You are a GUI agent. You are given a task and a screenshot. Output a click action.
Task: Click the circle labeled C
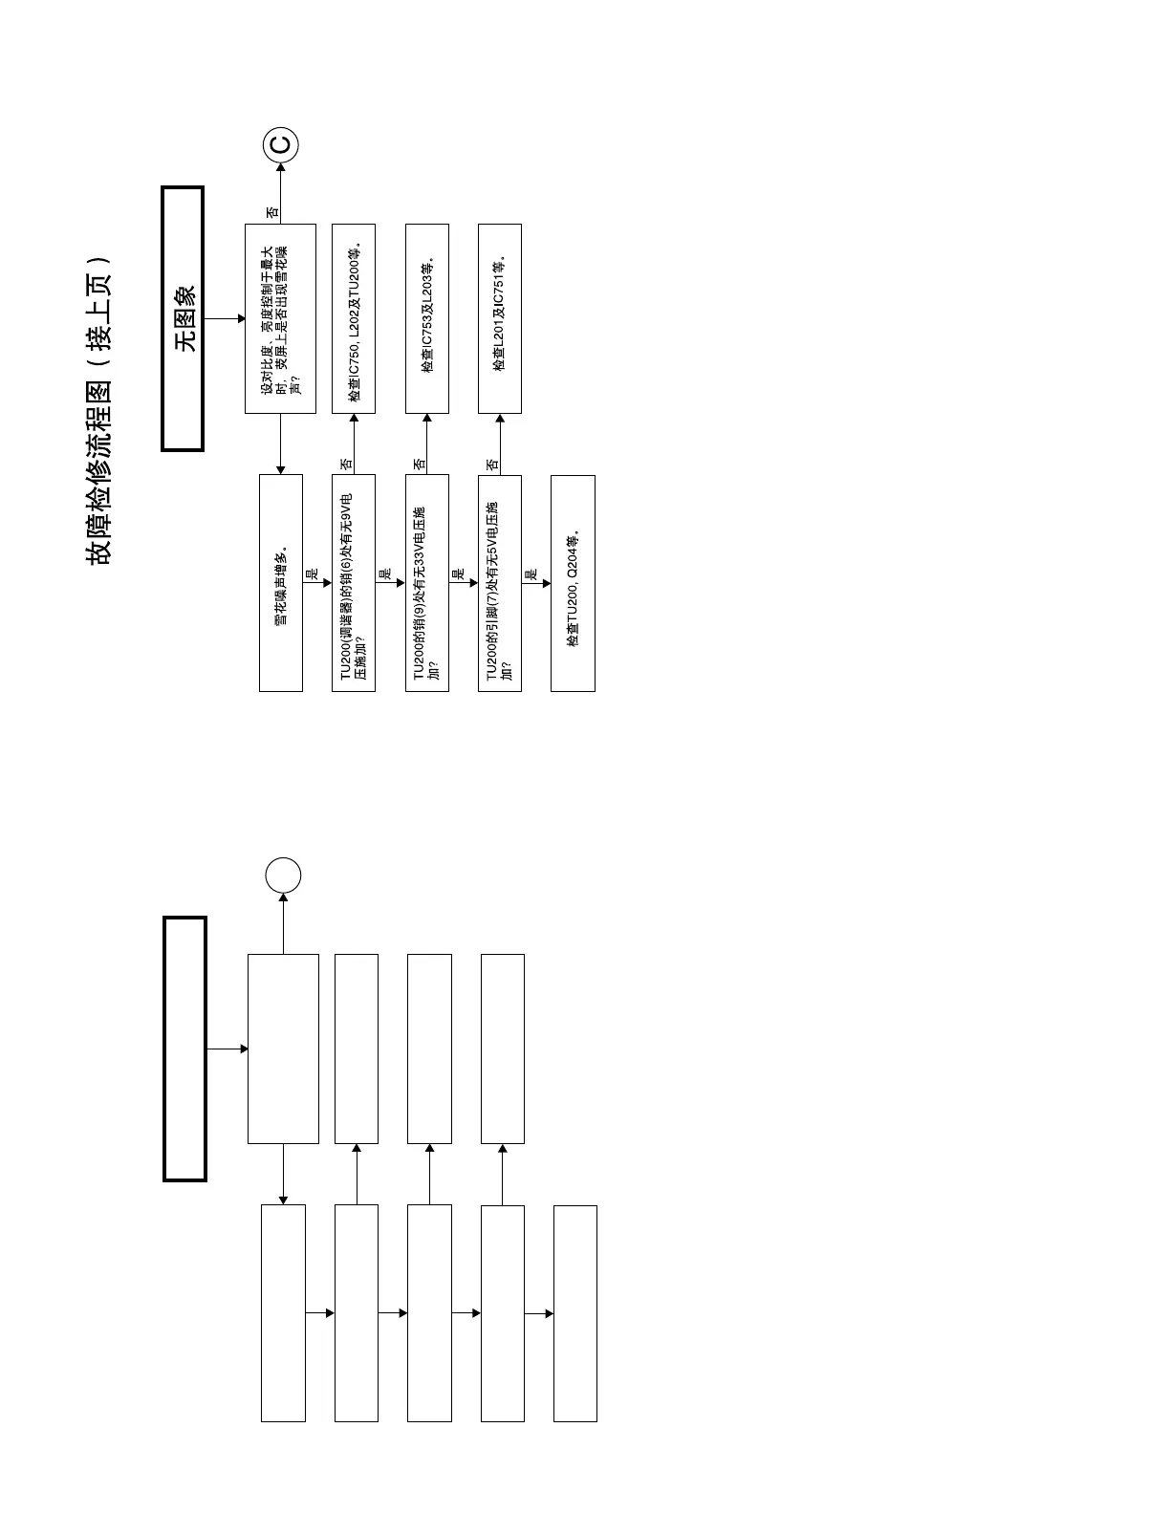coord(281,144)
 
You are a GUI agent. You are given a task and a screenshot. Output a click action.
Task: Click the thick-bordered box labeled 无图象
coord(183,318)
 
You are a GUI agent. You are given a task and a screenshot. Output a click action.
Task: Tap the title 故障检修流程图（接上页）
coord(100,411)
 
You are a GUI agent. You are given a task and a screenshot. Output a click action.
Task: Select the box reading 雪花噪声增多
coord(281,583)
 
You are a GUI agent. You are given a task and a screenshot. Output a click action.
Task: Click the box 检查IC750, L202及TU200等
coord(354,318)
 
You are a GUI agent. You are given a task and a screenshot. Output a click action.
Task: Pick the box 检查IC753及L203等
coord(427,318)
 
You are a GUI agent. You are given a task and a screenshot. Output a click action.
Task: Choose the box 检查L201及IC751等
coord(500,318)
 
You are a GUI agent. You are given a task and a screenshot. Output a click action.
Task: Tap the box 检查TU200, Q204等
coord(573,583)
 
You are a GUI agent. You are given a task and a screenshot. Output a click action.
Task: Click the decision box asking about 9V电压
coord(354,583)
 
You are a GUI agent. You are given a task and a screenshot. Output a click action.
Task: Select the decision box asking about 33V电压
coord(427,583)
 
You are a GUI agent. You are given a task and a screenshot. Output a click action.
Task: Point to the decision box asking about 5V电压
coord(500,583)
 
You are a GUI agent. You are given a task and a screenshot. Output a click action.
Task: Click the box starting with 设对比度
coord(280,318)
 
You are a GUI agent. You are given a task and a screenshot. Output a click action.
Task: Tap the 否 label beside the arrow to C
coord(272,212)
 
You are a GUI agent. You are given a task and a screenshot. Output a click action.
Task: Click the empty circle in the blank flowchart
coord(283,875)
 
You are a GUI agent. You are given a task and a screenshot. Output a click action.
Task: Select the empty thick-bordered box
coord(184,1049)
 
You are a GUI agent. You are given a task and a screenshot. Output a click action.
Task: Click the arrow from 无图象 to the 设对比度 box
coord(225,318)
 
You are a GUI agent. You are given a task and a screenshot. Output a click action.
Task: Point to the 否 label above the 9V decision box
coord(346,464)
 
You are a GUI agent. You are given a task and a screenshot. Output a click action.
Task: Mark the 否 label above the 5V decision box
coord(492,464)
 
